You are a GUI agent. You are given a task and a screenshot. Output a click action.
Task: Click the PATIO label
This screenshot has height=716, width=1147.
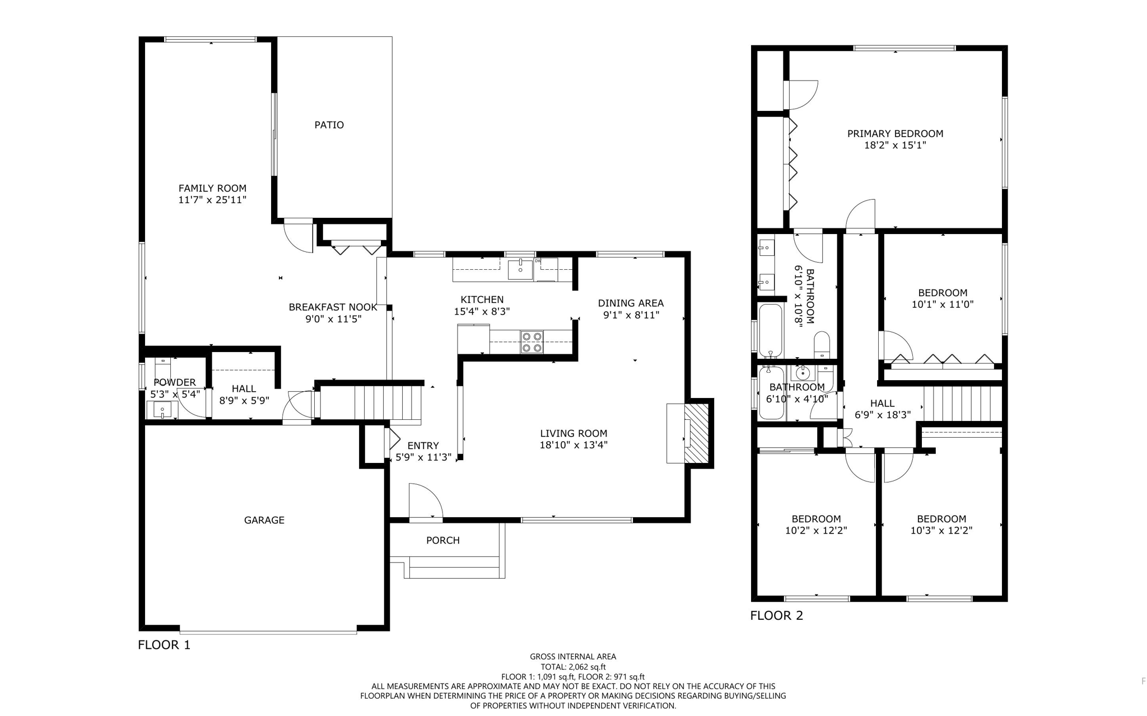coord(329,125)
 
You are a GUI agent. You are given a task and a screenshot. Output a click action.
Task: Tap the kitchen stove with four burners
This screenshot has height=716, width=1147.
coord(531,342)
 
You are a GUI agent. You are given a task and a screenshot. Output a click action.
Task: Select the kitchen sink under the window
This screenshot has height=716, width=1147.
coord(520,270)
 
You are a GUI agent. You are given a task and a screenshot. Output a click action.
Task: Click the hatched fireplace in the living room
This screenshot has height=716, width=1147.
coord(697,433)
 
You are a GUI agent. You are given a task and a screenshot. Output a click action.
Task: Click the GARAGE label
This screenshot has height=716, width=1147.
coord(264,520)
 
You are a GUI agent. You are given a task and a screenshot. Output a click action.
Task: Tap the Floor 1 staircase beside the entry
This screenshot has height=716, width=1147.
coord(386,401)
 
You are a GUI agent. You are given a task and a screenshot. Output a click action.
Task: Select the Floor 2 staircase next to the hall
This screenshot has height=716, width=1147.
coord(962,403)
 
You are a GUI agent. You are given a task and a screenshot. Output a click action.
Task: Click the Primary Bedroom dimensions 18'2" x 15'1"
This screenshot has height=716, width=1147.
coord(895,146)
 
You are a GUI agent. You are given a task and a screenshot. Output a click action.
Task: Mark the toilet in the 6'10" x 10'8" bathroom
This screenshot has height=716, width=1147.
coord(822,344)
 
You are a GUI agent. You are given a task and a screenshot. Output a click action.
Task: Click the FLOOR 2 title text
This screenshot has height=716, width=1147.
coord(776,616)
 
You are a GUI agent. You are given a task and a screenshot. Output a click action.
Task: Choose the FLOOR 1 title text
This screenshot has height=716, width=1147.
coord(164,645)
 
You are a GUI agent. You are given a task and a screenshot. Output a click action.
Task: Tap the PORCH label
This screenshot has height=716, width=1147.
coord(442,540)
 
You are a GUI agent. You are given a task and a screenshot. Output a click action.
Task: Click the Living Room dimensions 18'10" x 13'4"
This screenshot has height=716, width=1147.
coord(573,445)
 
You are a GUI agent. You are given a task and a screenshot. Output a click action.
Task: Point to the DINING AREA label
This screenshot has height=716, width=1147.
coord(631,303)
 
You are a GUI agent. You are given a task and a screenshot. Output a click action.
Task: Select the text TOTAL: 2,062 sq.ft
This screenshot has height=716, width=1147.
coord(573,667)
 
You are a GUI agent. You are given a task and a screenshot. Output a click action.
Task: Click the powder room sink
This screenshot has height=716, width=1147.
coord(162,410)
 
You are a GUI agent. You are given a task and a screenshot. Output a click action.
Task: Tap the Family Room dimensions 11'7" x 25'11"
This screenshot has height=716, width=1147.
coord(212,200)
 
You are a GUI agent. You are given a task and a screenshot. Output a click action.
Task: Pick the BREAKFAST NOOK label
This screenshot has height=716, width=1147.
coord(333,307)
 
